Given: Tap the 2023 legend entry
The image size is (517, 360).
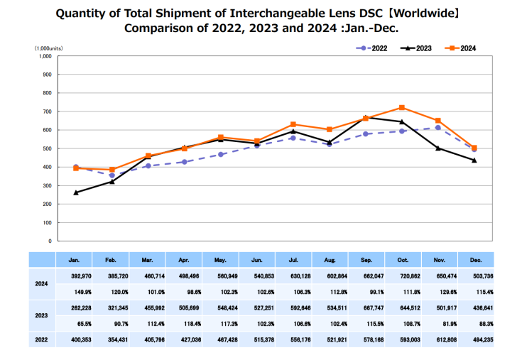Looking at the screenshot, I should (x=415, y=48).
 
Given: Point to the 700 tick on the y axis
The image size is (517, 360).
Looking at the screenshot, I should (x=46, y=111).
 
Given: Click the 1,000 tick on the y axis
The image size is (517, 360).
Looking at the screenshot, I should (x=44, y=55).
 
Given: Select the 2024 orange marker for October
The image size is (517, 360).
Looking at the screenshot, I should (x=402, y=107).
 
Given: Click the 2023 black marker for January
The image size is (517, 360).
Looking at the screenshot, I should (x=76, y=192).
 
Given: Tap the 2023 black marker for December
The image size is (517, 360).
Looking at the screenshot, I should (x=474, y=160).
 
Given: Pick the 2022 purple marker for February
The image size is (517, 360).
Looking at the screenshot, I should (x=112, y=175).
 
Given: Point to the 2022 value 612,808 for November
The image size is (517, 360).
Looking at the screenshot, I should (x=439, y=339).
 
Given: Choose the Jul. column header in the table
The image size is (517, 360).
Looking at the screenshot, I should (x=294, y=260).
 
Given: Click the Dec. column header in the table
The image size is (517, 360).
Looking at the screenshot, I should (x=475, y=260).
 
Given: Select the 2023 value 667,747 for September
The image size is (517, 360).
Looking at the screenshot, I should (x=366, y=308).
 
